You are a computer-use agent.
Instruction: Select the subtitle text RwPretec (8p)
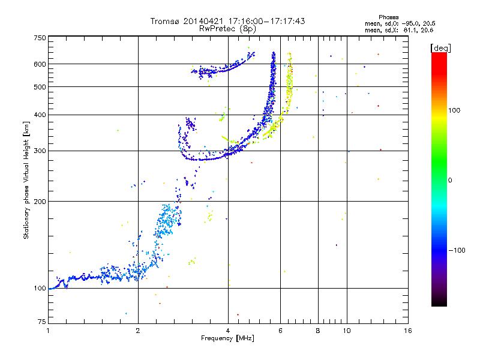(227, 29)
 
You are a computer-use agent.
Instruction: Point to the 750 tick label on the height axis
(40, 38)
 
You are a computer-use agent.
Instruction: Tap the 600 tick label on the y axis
(40, 64)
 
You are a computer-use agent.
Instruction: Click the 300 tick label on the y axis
(40, 151)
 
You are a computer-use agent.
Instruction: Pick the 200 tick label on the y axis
(40, 202)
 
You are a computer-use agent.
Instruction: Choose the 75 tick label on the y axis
(42, 322)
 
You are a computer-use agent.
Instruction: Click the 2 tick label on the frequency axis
(138, 331)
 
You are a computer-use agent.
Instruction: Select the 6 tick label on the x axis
(280, 331)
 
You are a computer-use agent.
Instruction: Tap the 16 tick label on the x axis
(408, 331)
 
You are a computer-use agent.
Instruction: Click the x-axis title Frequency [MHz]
(227, 338)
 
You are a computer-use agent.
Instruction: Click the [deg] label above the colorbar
(440, 49)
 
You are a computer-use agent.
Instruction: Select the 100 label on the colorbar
(454, 110)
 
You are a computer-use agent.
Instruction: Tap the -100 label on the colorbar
(457, 250)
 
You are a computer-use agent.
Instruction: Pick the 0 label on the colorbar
(450, 180)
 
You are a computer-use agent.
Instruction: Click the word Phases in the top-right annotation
(388, 17)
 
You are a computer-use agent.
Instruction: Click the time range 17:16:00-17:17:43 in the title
(266, 21)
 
